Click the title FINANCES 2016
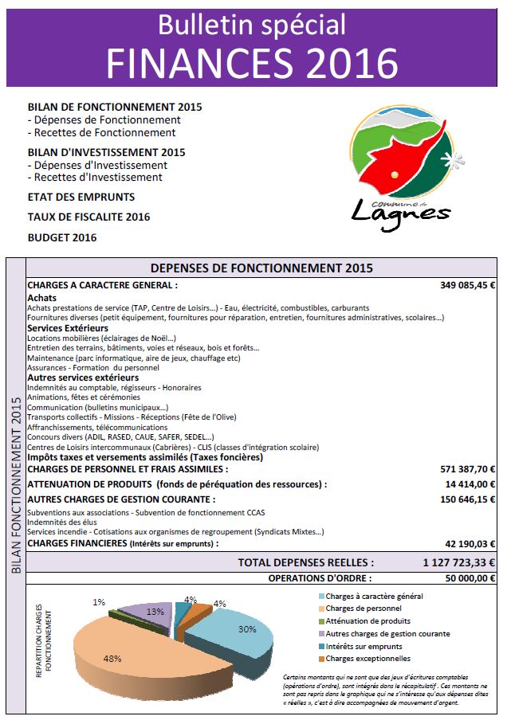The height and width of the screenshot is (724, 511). pyautogui.click(x=252, y=61)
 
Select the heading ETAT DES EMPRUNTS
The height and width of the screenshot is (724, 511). pyautogui.click(x=81, y=197)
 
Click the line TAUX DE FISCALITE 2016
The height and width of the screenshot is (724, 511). pyautogui.click(x=88, y=217)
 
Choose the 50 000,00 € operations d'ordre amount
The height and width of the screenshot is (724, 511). pyautogui.click(x=466, y=578)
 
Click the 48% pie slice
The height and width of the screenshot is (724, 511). pyautogui.click(x=128, y=653)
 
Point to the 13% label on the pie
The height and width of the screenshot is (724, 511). pyautogui.click(x=155, y=612)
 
